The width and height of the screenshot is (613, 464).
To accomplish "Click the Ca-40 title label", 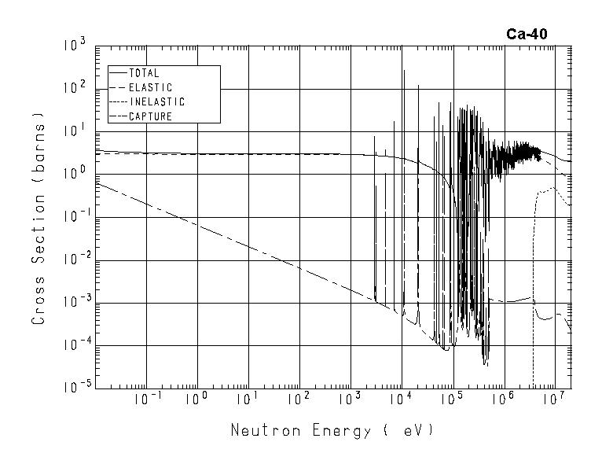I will (x=527, y=34).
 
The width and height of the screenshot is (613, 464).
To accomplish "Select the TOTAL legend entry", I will (x=144, y=73).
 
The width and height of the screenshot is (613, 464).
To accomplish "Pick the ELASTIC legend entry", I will (x=150, y=87).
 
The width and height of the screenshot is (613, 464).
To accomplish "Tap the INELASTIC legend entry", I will (x=156, y=101).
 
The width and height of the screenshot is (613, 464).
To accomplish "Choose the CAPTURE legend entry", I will (x=150, y=116).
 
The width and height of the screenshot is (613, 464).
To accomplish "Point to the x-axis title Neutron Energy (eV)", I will (x=331, y=431).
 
